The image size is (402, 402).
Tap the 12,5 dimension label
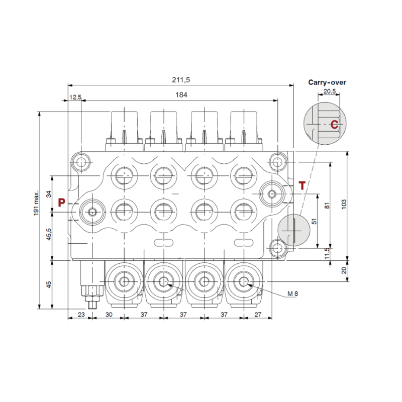[x=75, y=97]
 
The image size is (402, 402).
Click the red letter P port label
[x=61, y=203]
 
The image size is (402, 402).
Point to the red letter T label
[x=301, y=185]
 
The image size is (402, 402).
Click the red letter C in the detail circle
[x=334, y=124]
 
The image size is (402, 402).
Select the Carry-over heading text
[x=327, y=82]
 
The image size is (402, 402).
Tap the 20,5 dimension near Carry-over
[x=330, y=91]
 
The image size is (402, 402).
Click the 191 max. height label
[x=36, y=204]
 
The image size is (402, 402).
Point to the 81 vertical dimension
[x=327, y=205]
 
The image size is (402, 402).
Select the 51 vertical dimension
[x=314, y=221]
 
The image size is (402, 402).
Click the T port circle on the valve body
[x=272, y=194]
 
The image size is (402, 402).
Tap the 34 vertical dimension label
[x=49, y=194]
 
